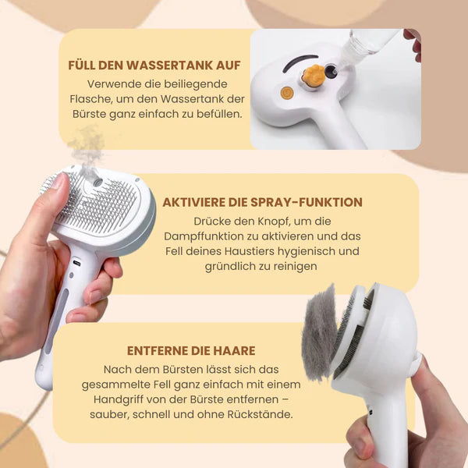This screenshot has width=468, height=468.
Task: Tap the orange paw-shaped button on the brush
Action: (x=312, y=74)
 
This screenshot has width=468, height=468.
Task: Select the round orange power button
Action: (x=287, y=93)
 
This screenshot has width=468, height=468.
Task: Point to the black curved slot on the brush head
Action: (x=300, y=62)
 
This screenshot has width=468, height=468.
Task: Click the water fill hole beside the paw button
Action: (x=331, y=71)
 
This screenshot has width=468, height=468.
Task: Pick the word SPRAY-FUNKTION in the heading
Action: (x=307, y=202)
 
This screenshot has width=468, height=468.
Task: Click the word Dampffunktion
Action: (x=204, y=236)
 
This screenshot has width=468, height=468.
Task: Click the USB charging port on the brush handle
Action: (x=77, y=263)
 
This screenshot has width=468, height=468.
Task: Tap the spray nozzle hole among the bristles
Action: (x=97, y=182)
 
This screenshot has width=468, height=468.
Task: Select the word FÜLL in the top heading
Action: (x=81, y=66)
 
